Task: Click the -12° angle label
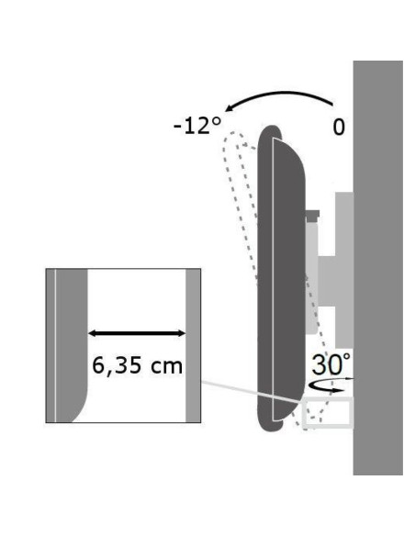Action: pyautogui.click(x=197, y=126)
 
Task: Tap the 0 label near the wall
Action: pyautogui.click(x=339, y=128)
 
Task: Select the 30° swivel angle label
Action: pyautogui.click(x=331, y=364)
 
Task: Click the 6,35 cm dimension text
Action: pyautogui.click(x=137, y=365)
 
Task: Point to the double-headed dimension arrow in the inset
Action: pyautogui.click(x=137, y=333)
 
